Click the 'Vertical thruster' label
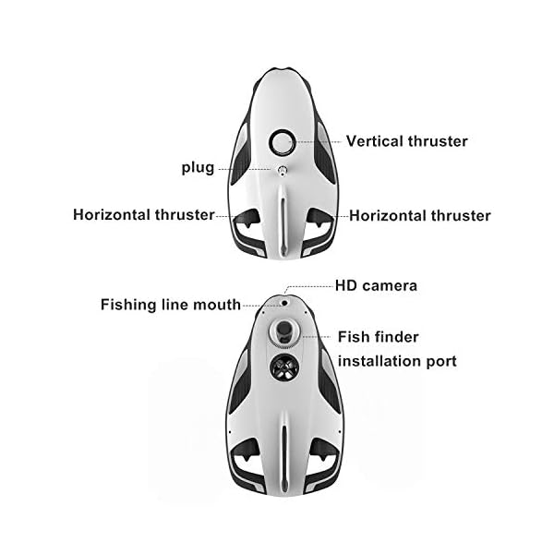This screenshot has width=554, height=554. point(406,141)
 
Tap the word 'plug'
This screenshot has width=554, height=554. point(197,168)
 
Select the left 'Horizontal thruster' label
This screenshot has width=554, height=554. point(143,215)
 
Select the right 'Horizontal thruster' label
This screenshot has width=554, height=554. point(420,215)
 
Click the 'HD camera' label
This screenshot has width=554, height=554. point(376,285)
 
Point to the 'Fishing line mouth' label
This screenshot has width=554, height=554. point(171,304)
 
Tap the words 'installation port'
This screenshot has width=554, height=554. point(397,360)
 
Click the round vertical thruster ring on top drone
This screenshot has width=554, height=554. point(282,142)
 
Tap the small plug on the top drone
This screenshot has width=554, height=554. point(282,170)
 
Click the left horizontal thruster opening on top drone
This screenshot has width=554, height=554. point(247,221)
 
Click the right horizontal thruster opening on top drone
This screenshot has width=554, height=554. point(317,221)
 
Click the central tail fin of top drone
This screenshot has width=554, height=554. point(282,222)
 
